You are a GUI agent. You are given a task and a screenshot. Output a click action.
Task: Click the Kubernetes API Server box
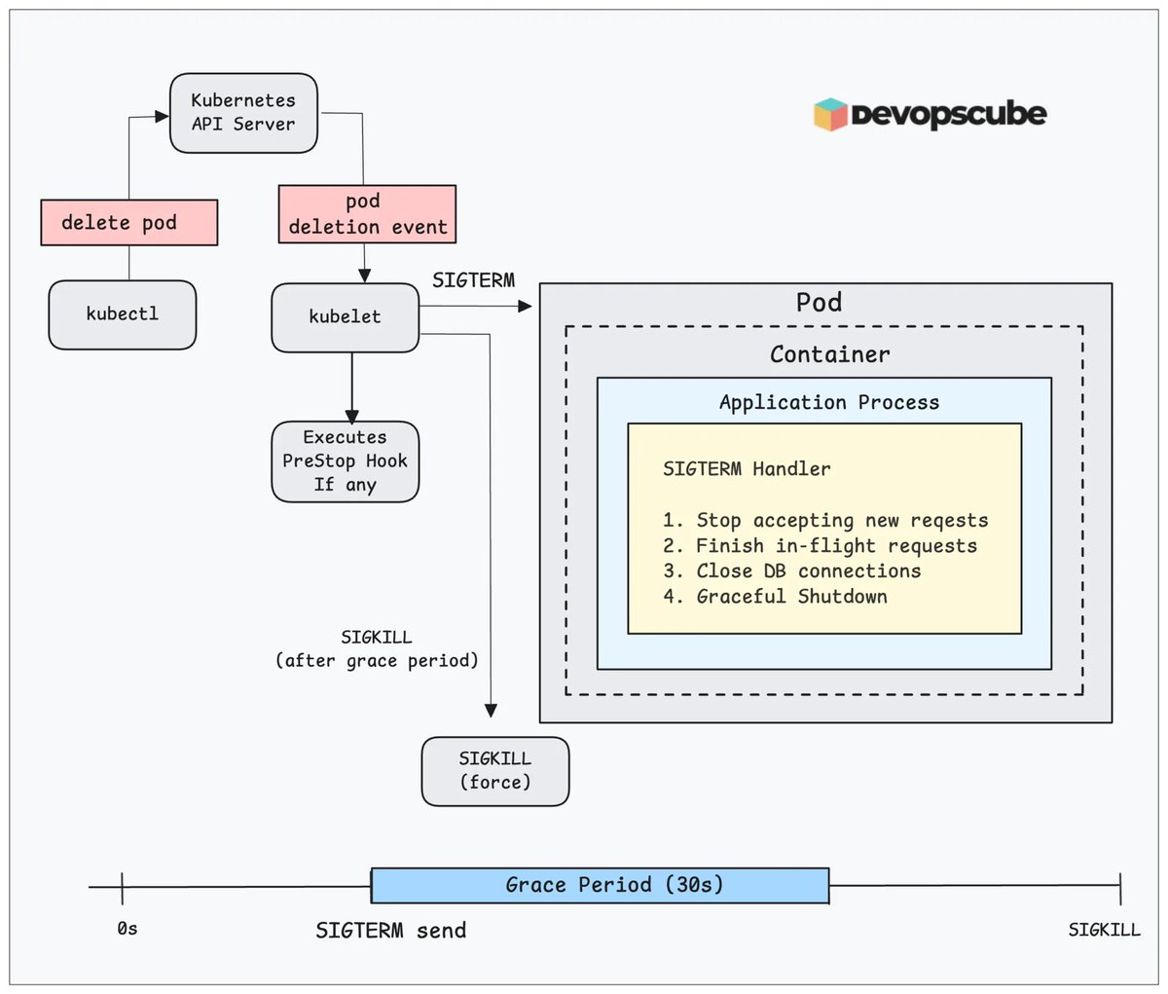click(x=243, y=113)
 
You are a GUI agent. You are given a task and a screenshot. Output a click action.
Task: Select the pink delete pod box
click(x=128, y=223)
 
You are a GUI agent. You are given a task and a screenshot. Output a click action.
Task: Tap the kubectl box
click(x=123, y=314)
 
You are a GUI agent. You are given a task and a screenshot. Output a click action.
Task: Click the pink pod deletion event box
click(x=367, y=214)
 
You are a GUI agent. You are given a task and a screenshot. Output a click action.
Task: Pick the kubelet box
click(x=345, y=317)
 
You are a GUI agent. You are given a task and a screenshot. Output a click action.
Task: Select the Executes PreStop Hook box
click(x=345, y=461)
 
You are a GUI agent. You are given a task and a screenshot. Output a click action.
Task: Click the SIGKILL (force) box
click(x=494, y=771)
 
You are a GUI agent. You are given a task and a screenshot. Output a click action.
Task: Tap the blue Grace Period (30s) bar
click(x=600, y=885)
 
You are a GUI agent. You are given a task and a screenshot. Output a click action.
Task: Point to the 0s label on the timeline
click(x=127, y=929)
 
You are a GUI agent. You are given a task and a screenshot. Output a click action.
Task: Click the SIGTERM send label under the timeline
click(x=390, y=931)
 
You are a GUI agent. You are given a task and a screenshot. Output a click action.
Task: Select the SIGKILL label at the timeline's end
click(x=1104, y=930)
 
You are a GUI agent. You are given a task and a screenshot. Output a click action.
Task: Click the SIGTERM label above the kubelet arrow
click(x=473, y=280)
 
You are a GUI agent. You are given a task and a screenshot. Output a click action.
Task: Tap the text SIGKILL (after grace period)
click(x=377, y=649)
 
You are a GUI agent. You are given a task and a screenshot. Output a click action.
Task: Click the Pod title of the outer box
click(x=819, y=303)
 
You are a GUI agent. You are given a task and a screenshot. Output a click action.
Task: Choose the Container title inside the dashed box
click(x=829, y=354)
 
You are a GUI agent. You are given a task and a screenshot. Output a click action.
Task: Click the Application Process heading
click(x=829, y=402)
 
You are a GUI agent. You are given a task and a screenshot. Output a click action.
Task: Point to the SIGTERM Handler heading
click(x=747, y=469)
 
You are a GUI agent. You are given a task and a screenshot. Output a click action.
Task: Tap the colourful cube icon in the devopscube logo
click(x=830, y=114)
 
